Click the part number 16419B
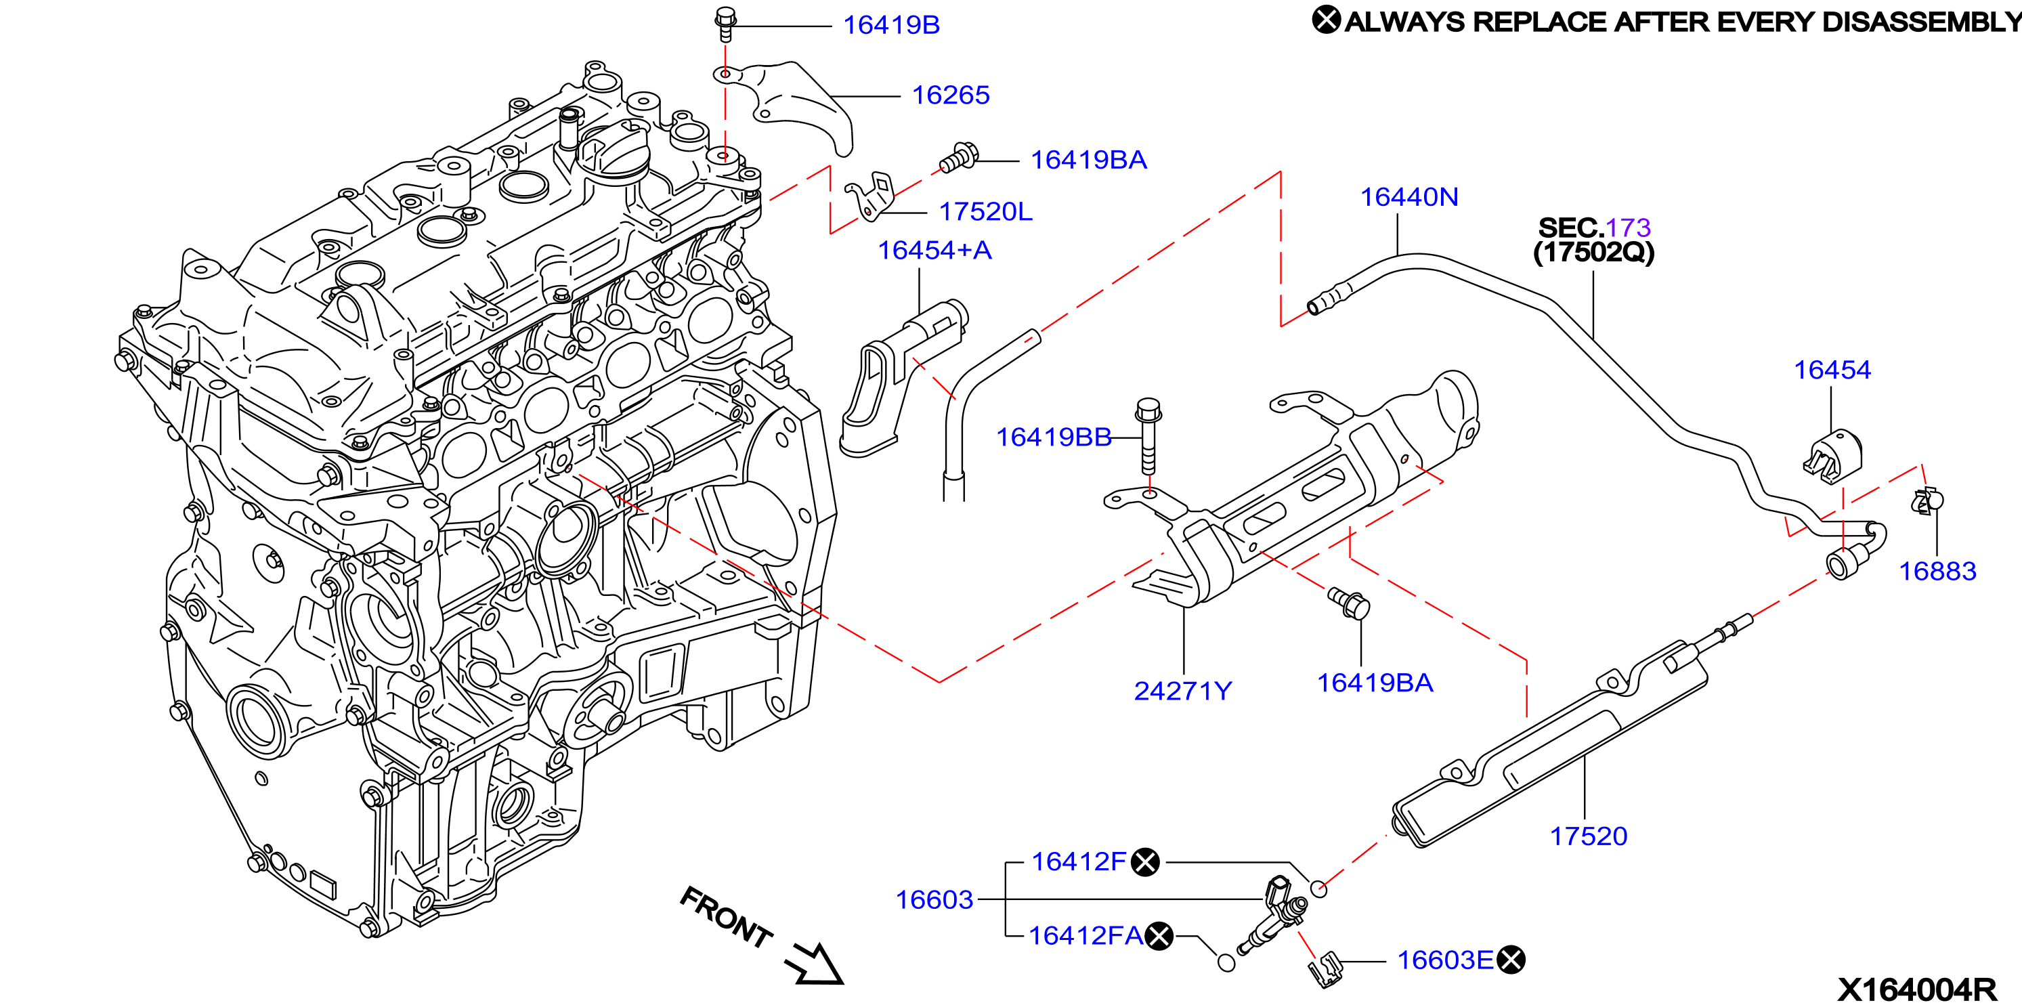(x=891, y=25)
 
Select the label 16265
(x=951, y=95)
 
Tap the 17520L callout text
(x=985, y=211)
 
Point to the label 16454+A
(x=934, y=250)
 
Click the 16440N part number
(x=1409, y=196)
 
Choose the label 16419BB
(x=1054, y=437)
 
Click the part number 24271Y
(x=1183, y=690)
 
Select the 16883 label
(x=1937, y=571)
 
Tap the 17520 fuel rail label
(x=1588, y=836)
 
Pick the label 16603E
(x=1445, y=960)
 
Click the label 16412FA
(x=1085, y=935)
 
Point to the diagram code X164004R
(x=1917, y=989)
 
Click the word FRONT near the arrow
(x=726, y=917)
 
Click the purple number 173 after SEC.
(x=1628, y=228)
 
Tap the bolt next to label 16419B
(x=725, y=24)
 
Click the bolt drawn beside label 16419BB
(x=1148, y=437)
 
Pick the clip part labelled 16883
(x=1927, y=501)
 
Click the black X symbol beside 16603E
(x=1511, y=960)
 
